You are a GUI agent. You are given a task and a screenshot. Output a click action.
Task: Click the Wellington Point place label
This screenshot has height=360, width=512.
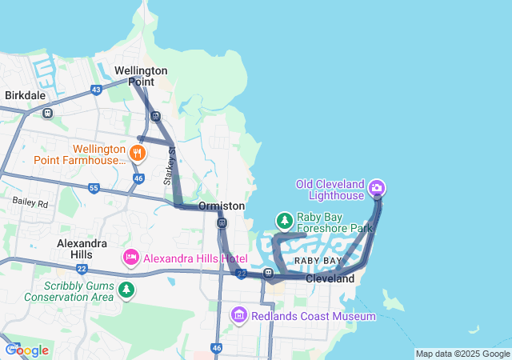141,76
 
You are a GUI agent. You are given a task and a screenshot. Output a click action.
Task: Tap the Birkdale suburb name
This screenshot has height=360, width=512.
25,95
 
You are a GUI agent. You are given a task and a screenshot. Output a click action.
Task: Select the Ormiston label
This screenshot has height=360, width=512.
222,206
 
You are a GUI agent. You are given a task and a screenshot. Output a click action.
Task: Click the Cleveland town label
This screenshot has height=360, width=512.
330,279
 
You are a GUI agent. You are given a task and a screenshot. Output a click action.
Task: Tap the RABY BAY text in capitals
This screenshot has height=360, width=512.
318,262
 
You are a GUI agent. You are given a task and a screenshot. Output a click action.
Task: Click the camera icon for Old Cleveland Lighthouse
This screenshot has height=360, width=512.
377,189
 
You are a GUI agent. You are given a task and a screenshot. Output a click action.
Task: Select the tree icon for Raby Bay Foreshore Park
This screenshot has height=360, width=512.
283,220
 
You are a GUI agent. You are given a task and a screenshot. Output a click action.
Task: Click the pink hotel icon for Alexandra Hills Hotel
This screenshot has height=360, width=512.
130,258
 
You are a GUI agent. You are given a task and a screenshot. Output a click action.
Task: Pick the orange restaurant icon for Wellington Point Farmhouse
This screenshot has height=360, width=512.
138,153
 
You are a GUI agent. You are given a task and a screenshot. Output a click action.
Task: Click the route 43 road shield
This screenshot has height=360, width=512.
96,90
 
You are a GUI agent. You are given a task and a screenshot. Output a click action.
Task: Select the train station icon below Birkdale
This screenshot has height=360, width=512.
48,113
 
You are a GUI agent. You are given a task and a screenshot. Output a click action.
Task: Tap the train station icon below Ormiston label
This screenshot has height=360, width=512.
222,222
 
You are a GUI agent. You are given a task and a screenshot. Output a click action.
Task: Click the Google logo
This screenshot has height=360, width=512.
26,350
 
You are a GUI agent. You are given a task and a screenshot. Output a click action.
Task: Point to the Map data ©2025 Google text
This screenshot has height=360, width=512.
462,354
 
